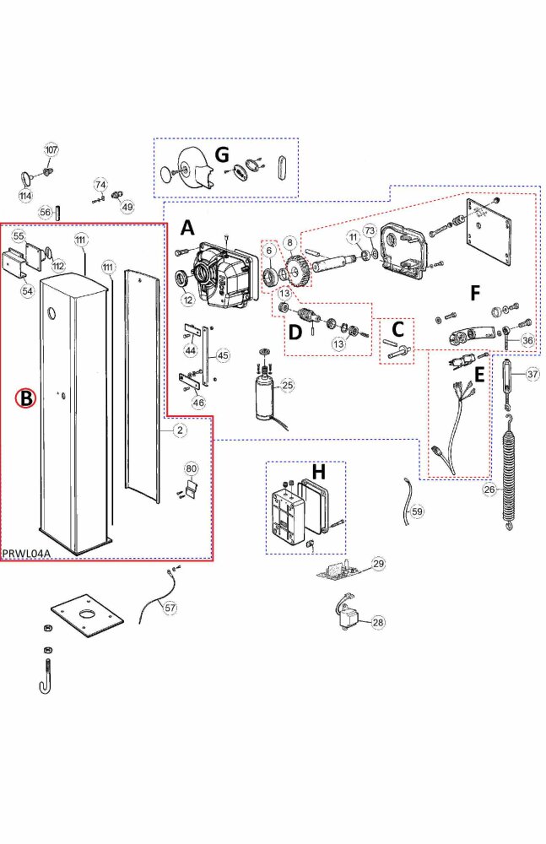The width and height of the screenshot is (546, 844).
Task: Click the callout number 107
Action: click(x=51, y=149)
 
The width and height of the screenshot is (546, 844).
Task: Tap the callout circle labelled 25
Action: click(x=288, y=386)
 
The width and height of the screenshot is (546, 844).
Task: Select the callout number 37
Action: click(x=532, y=374)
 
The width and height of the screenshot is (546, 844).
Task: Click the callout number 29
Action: click(x=378, y=563)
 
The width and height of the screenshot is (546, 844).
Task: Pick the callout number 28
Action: click(x=378, y=622)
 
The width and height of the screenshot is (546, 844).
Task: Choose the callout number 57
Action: click(x=170, y=608)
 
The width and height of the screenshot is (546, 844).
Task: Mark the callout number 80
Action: click(x=192, y=468)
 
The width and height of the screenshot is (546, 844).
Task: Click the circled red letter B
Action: click(x=27, y=398)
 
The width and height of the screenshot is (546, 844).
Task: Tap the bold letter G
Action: click(x=222, y=154)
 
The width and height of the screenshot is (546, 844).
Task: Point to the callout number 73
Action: click(x=369, y=231)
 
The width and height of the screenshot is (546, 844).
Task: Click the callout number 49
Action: click(x=127, y=207)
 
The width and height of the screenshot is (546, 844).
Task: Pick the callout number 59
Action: click(x=417, y=511)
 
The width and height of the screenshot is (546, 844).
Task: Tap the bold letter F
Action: click(x=476, y=294)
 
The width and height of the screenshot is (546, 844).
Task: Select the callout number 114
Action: click(x=26, y=196)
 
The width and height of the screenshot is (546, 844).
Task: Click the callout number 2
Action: click(x=180, y=430)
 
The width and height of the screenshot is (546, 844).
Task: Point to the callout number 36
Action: click(x=528, y=340)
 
